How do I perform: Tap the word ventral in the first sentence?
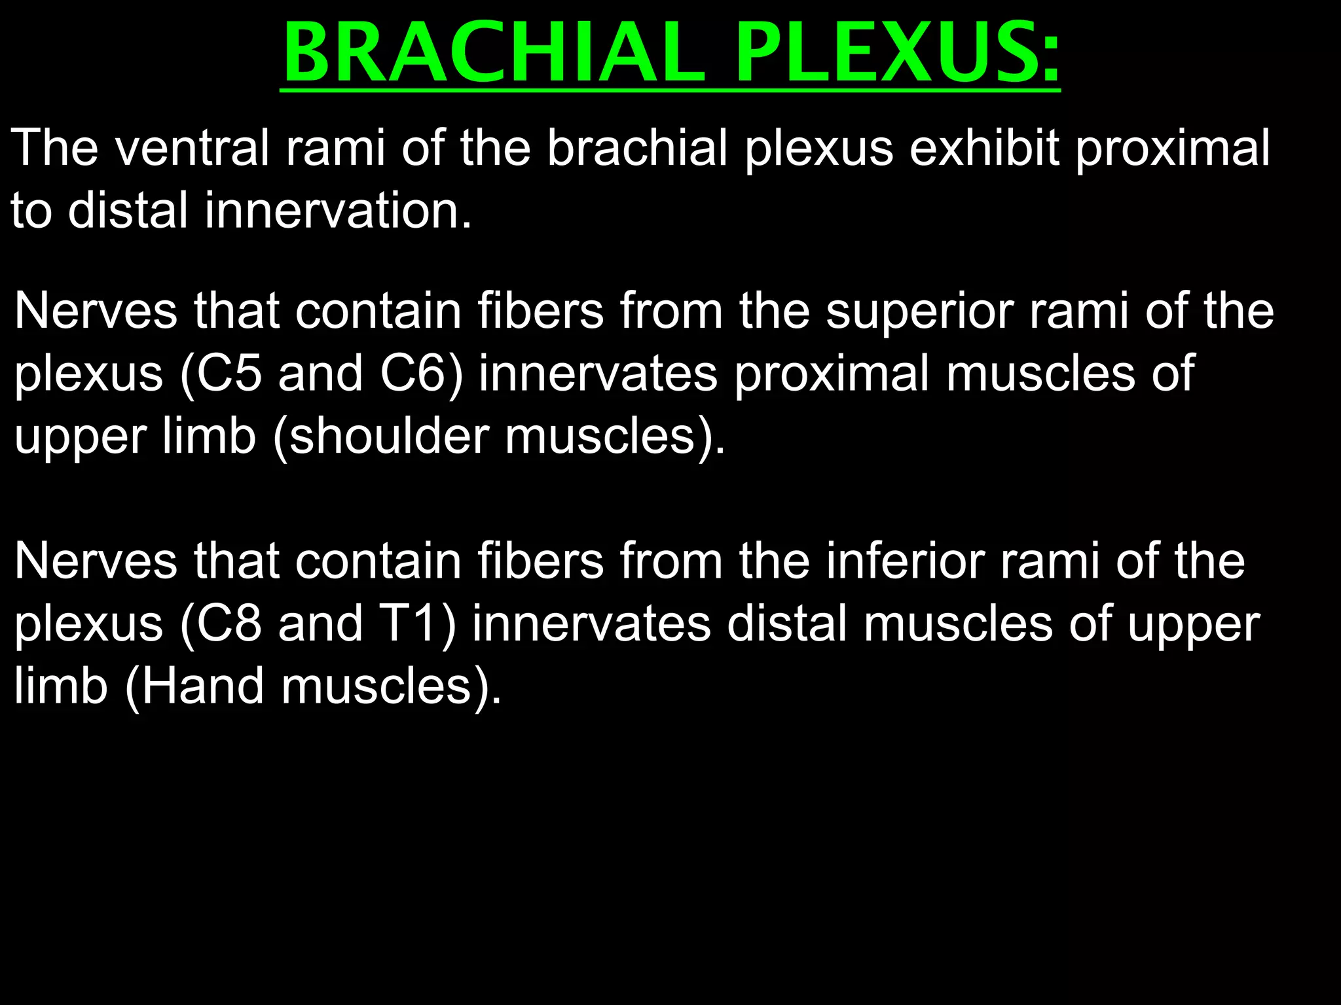click(x=192, y=148)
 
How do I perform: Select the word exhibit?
click(x=984, y=148)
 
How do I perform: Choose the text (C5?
click(x=221, y=373)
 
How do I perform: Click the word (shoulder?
click(x=380, y=436)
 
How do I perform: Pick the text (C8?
click(x=221, y=624)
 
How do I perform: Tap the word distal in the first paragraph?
click(x=128, y=211)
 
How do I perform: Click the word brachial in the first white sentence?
click(x=636, y=148)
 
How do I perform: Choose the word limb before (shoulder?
click(x=208, y=436)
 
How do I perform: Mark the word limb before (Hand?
click(x=60, y=686)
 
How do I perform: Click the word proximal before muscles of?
click(x=832, y=373)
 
